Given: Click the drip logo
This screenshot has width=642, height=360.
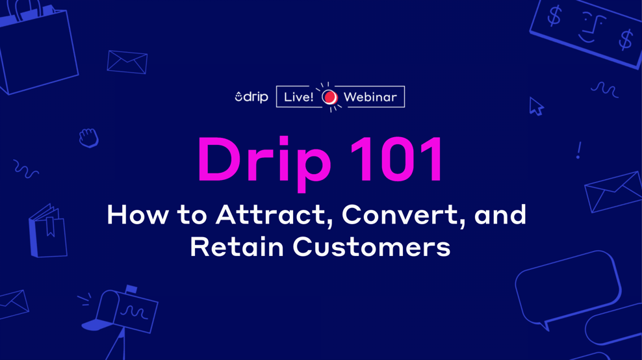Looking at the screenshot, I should (x=251, y=97).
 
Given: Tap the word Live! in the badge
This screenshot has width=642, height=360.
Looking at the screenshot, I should (x=298, y=97).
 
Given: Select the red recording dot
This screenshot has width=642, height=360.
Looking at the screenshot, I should (x=329, y=97).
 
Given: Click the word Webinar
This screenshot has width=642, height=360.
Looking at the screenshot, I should (x=370, y=97).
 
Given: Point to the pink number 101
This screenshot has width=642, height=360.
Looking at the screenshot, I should (x=397, y=160).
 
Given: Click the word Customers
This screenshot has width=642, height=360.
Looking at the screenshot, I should (x=372, y=248).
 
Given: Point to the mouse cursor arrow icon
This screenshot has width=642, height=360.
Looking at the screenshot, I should (x=535, y=107).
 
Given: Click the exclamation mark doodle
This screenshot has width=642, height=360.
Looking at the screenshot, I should (x=578, y=151).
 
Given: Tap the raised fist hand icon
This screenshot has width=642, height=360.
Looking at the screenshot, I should (x=88, y=138).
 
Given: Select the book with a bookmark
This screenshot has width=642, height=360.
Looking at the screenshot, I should (x=48, y=231).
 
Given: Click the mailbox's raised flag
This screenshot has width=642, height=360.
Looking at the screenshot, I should (x=131, y=289).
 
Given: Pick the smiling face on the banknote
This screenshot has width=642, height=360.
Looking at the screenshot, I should (x=590, y=28).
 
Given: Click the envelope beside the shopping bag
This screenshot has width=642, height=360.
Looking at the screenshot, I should (x=127, y=62).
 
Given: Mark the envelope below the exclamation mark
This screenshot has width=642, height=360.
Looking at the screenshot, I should (x=613, y=191).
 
